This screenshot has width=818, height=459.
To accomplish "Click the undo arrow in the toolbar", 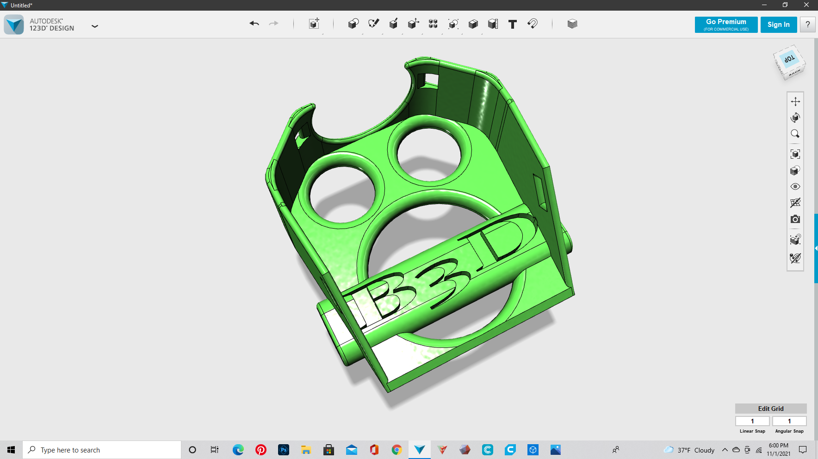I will point(254,24).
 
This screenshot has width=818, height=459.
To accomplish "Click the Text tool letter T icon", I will point(512,24).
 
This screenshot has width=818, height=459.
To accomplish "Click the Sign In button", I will point(778,25).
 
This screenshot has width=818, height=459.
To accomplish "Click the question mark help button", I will point(808,25).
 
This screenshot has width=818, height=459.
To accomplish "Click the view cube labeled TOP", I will point(789,60).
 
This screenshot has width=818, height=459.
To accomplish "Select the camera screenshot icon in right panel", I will point(795,219).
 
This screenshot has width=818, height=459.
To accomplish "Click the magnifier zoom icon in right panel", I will point(795,134).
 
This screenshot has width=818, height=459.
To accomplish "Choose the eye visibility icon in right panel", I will point(795,186).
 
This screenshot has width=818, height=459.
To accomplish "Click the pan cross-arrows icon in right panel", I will point(795,101).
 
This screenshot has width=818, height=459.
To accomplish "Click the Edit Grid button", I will point(770,409).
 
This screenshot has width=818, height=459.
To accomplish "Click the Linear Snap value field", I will point(752,421).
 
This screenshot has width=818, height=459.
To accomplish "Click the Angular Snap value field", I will point(789,421).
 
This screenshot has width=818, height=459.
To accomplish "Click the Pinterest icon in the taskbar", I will point(261,450).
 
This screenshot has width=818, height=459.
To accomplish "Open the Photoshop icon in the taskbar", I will point(283,450).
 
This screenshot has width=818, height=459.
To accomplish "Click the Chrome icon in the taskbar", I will point(397,450).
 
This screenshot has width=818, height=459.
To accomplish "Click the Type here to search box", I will point(102,450).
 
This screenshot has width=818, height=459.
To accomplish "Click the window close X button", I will point(806,5).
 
